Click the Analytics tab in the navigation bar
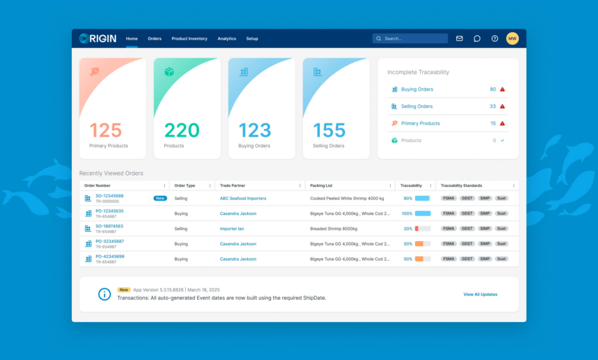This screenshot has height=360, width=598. coord(227,39)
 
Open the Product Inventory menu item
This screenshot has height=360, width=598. coord(189,39)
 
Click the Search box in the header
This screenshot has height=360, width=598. coord(410,39)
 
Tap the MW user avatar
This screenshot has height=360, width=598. coord(512,39)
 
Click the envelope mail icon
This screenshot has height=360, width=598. coord(460,39)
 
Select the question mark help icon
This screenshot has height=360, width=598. coord(495,39)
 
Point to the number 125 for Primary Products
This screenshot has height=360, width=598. coord(106,130)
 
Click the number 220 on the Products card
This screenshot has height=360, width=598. coord(182,130)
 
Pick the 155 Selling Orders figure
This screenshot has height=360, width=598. coord(329,130)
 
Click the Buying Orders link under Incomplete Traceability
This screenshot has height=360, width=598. coord(417,89)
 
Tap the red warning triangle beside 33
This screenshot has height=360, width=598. coord(502,106)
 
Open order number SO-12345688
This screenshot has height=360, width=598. coord(110,196)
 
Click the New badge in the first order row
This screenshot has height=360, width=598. coord(160,198)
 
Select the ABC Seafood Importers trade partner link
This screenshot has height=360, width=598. coord(243,198)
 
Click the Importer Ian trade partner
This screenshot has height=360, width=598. coord(232,229)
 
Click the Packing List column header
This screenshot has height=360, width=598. coord(321,186)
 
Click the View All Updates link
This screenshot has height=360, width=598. coord(480,295)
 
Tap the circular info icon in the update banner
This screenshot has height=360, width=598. coord(105,294)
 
